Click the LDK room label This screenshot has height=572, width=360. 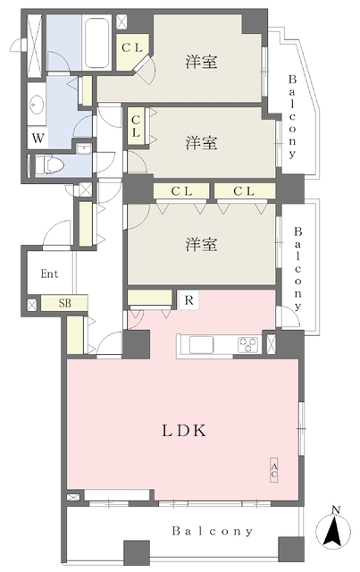184,431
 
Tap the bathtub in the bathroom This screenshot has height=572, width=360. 97,42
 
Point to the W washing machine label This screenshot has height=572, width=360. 38,139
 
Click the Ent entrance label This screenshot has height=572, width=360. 50,273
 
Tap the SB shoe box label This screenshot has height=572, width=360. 64,303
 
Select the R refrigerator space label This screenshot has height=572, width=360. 189,300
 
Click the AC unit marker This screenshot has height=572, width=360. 274,470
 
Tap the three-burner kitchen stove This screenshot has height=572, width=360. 248,344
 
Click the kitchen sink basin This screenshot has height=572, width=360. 201,345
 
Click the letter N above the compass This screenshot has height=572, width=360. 336,510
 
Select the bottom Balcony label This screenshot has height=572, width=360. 213,531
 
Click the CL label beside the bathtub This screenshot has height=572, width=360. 131,47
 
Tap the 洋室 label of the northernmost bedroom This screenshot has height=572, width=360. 201,62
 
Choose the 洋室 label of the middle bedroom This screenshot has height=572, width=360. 201,143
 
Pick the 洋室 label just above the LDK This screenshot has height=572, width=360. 201,244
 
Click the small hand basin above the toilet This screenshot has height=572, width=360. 84,149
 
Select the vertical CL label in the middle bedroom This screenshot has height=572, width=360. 136,126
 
